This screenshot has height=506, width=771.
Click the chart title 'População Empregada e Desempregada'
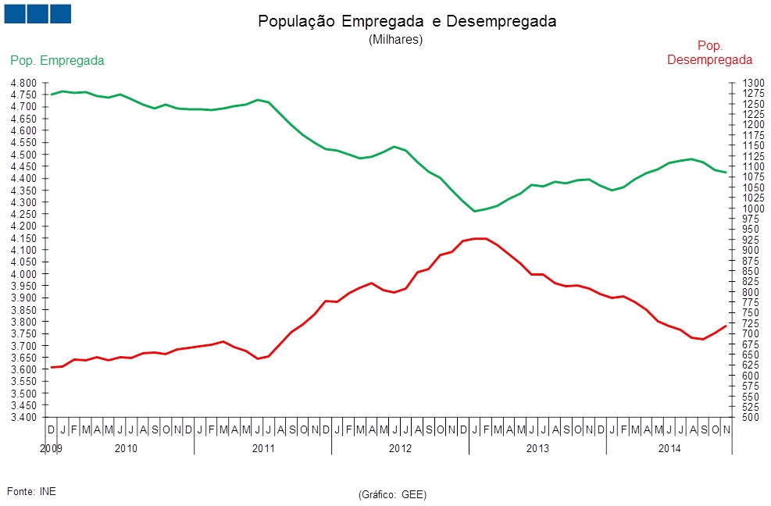tap(407, 22)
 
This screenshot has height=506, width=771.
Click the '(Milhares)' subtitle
tap(395, 40)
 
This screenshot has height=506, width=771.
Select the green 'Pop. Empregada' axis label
tap(57, 60)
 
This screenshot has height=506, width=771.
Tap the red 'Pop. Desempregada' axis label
tap(710, 52)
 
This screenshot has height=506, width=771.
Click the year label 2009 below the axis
tap(51, 448)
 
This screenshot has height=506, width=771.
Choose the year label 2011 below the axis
tap(262, 448)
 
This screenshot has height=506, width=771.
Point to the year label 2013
tap(537, 448)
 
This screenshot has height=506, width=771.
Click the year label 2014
tap(669, 448)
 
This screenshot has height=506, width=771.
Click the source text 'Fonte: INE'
tap(31, 490)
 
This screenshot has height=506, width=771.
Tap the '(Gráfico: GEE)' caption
tap(392, 494)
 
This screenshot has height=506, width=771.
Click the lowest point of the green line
tap(474, 211)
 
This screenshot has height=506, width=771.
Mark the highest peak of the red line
tap(480, 238)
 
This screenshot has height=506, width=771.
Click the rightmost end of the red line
tap(726, 326)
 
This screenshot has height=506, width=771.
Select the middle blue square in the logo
tap(37, 13)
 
